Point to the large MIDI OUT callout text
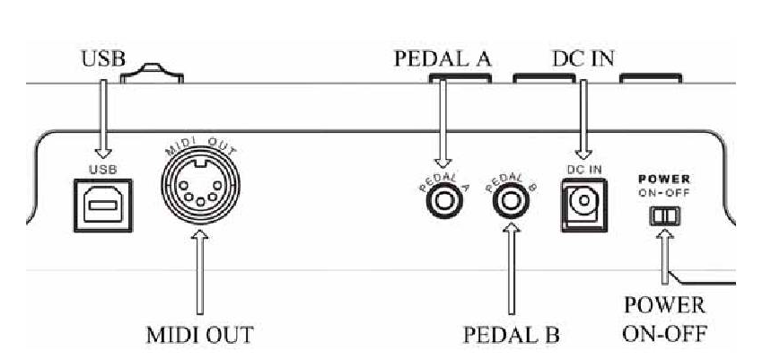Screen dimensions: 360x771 (201, 335)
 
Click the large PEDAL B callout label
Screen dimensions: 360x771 (512, 335)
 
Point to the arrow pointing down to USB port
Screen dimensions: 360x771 (102, 117)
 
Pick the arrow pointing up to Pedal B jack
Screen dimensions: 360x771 (512, 269)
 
